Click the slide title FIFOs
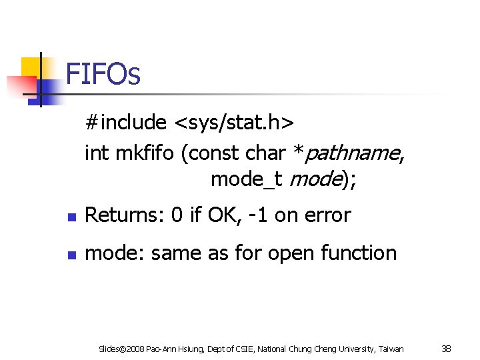[103, 74]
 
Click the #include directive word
[125, 123]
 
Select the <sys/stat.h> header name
[233, 123]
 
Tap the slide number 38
[447, 348]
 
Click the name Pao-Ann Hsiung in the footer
[173, 349]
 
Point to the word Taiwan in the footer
[390, 349]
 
